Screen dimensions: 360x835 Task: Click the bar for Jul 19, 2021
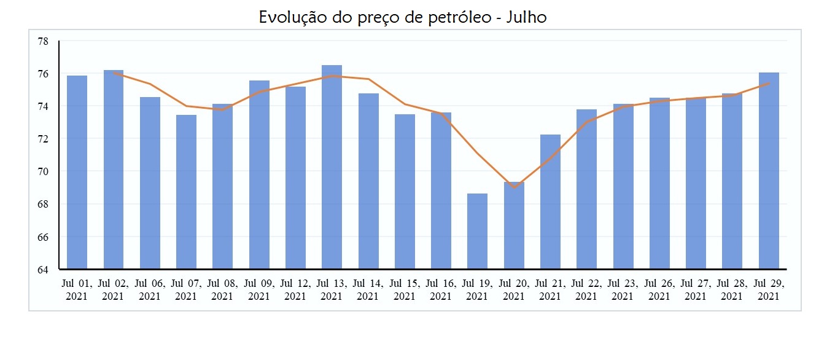[x=477, y=232]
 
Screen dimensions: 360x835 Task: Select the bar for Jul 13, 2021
[x=332, y=167]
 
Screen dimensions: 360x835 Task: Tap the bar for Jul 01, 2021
[x=77, y=173]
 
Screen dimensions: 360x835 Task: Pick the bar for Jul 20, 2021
[x=514, y=226]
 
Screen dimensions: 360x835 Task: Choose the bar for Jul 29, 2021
[x=769, y=171]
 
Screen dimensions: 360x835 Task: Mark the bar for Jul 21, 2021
[x=550, y=202]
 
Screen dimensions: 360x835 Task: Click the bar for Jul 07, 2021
[x=186, y=192]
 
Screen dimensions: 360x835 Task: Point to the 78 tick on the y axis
[x=43, y=41]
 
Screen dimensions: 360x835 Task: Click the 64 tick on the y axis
[x=43, y=269]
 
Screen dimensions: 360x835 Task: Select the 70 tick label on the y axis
[x=43, y=171]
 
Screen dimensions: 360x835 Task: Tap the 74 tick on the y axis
[x=43, y=106]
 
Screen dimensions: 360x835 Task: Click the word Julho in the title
[x=526, y=17]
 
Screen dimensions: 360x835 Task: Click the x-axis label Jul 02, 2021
[x=113, y=290]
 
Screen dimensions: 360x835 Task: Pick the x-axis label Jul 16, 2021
[x=441, y=290]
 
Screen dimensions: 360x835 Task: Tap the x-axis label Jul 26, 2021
[x=659, y=290]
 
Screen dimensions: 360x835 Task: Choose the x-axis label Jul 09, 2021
[x=258, y=290]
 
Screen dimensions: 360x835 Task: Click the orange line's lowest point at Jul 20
[x=514, y=187]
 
